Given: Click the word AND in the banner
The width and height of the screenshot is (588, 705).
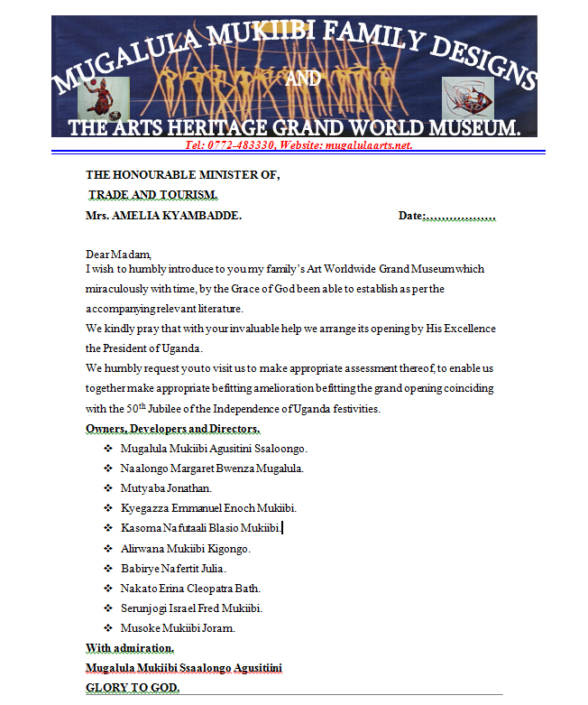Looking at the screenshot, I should point(302,79).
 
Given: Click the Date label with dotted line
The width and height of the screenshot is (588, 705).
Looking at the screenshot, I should point(447,217).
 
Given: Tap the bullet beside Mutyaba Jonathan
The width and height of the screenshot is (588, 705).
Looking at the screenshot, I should point(108,488).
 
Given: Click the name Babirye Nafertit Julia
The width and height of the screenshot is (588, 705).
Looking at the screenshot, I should point(173,568).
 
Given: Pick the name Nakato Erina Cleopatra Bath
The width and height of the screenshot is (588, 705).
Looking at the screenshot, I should point(190,588).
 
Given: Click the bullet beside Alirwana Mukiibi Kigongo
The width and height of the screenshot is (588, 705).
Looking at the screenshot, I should point(108,548).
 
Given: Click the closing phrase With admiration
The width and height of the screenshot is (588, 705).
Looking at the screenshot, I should point(130,648).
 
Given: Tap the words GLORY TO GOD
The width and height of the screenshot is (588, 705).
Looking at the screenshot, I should point(133,688).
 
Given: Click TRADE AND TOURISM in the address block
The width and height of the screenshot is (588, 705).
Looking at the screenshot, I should point(153,195).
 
